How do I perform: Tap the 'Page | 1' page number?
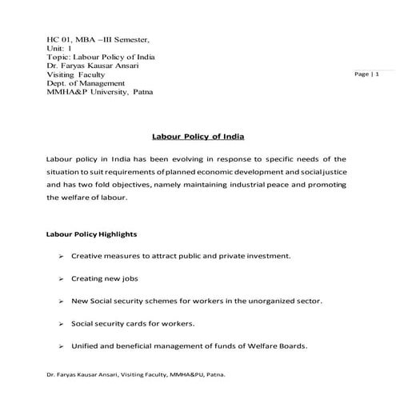pos(366,74)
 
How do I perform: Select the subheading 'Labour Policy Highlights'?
pos(92,234)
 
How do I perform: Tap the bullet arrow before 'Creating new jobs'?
pos(61,279)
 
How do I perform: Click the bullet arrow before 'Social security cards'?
pos(61,324)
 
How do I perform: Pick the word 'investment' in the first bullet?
pos(264,257)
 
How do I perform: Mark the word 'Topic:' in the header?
pos(61,57)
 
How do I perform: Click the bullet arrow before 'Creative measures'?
pos(61,257)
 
